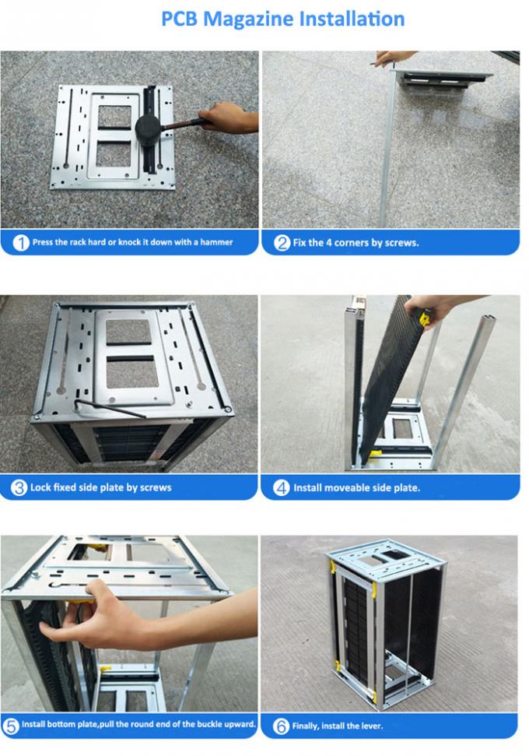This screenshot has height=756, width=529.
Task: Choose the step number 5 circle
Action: pos(11,725)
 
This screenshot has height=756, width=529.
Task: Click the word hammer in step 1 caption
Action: pos(215,242)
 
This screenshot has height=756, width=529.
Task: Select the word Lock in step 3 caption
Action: pos(40,487)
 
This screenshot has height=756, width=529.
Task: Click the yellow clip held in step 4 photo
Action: pos(425,318)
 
